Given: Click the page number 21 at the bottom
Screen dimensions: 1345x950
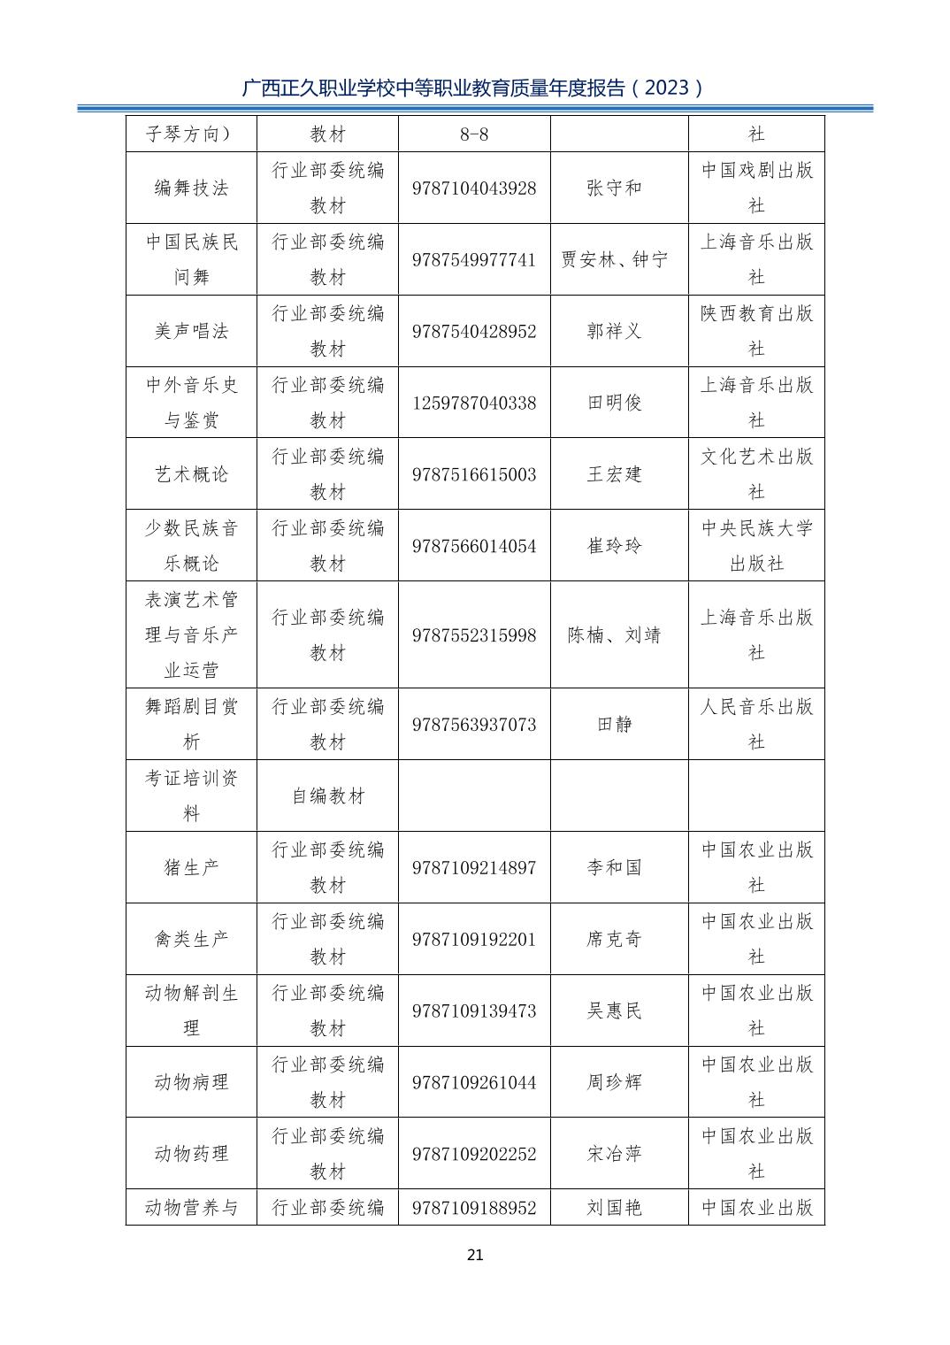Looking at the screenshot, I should pos(475,1255).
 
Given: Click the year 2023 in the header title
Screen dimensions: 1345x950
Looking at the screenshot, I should pos(673,88).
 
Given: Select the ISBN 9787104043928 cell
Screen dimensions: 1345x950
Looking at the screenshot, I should pos(474,188).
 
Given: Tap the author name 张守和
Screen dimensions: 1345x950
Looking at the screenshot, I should pos(614,188).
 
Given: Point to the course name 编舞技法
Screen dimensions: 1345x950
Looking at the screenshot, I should pos(191,188).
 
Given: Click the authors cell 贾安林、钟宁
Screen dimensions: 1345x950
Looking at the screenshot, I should pos(614,260).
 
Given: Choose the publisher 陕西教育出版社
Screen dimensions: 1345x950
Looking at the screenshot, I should pos(756,331).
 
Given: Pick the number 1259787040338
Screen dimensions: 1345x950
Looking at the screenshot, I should pos(474,403).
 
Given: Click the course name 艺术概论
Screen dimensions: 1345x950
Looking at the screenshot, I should pos(191,474).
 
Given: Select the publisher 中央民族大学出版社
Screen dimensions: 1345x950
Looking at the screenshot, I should pos(756,546).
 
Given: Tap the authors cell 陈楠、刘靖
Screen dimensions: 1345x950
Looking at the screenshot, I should pos(614,635).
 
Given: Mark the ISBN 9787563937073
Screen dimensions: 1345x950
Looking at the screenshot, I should pos(474,725).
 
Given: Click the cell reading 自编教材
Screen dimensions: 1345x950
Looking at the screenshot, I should pos(328,796).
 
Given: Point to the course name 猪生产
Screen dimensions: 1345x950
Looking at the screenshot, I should pos(191,868).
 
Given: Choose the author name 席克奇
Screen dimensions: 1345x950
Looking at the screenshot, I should pos(614,939).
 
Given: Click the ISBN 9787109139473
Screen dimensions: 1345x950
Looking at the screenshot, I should pos(474,1011).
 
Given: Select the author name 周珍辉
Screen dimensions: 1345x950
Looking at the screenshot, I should pos(614,1082).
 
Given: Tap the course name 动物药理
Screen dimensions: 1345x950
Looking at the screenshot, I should pos(191,1154).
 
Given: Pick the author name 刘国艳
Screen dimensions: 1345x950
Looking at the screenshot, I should pos(614,1208).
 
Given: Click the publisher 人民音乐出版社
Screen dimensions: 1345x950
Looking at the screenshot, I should pos(756,725).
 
